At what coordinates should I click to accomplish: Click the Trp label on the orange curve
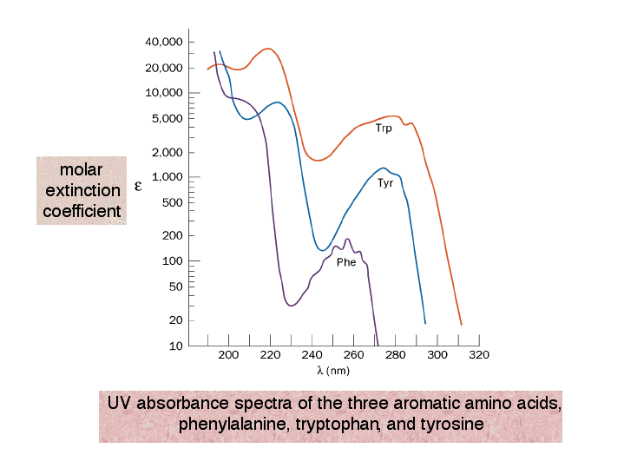384,129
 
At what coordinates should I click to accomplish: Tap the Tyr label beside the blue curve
385,183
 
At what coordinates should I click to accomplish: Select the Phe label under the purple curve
345,262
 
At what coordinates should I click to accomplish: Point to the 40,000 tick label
163,42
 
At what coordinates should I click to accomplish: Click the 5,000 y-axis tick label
167,118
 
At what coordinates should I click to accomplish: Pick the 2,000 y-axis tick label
167,152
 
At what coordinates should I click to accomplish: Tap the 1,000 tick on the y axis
167,177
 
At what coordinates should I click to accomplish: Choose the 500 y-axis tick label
171,202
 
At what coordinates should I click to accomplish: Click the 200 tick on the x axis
229,355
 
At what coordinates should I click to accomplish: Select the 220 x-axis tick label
271,355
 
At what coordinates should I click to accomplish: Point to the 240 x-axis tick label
312,355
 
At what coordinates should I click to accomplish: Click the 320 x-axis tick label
479,355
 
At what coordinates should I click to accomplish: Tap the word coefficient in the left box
82,211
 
